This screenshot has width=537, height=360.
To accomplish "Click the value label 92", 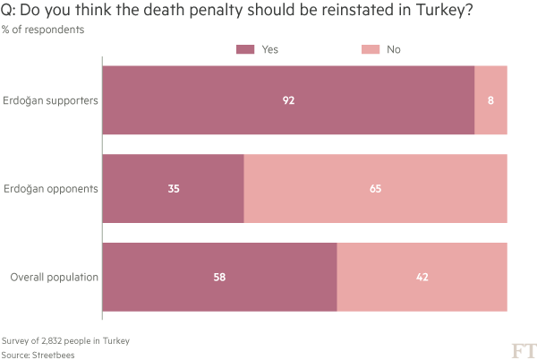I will (x=288, y=99).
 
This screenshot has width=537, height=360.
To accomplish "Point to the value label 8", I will (x=490, y=99).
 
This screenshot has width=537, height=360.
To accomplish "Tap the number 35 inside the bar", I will (x=175, y=188).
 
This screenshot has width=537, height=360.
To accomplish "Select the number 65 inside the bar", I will (x=375, y=188).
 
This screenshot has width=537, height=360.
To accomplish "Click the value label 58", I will (x=219, y=277).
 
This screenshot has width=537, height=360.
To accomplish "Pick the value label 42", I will (x=422, y=277).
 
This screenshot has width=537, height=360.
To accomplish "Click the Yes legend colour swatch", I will (x=245, y=49).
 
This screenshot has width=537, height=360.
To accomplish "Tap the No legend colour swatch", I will (x=370, y=49).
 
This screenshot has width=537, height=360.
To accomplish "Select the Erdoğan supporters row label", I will (x=51, y=99).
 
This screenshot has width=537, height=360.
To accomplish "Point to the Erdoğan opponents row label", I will (x=51, y=188).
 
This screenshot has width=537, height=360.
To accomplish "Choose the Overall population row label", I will (x=54, y=277).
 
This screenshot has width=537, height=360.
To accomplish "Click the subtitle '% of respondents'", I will (x=43, y=30).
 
